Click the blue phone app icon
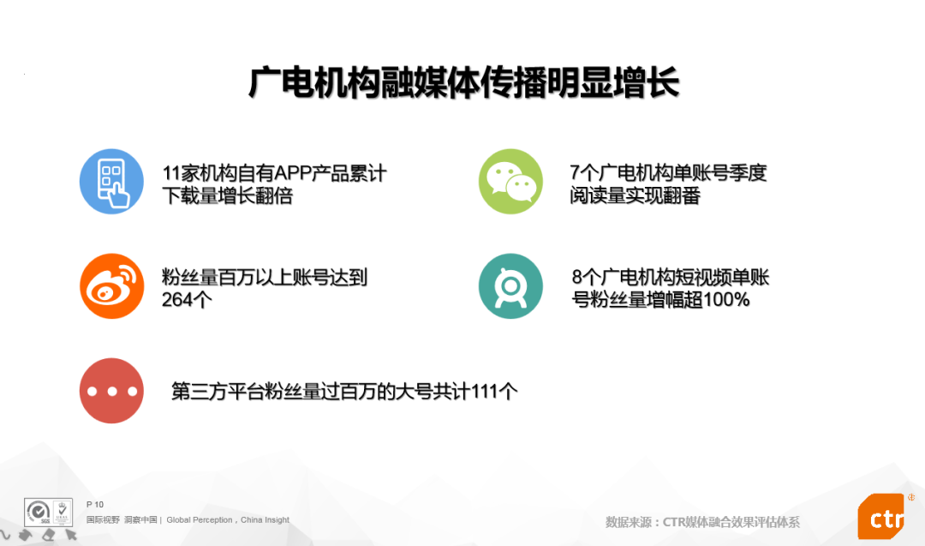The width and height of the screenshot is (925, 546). (x=111, y=181)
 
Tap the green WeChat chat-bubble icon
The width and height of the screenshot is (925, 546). (x=510, y=181)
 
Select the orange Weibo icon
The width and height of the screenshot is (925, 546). (x=111, y=286)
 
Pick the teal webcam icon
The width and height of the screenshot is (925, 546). (x=510, y=286)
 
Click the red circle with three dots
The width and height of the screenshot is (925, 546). (x=111, y=391)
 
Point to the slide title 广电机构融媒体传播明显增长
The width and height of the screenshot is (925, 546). (x=463, y=82)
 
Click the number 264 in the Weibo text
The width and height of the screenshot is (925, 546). (x=177, y=300)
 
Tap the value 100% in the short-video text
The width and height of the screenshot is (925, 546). (x=726, y=300)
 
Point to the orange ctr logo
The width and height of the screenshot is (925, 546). (x=881, y=517)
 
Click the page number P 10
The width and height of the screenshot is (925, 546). (x=95, y=505)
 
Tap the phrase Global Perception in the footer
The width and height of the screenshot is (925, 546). (x=200, y=520)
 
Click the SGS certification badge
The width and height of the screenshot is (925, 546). (x=48, y=513)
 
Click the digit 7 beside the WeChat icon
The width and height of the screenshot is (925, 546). (x=576, y=173)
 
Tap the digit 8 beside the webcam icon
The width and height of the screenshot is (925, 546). (x=577, y=278)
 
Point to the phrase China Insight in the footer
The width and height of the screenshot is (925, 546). (x=265, y=520)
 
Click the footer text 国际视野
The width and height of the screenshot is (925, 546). (x=104, y=520)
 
